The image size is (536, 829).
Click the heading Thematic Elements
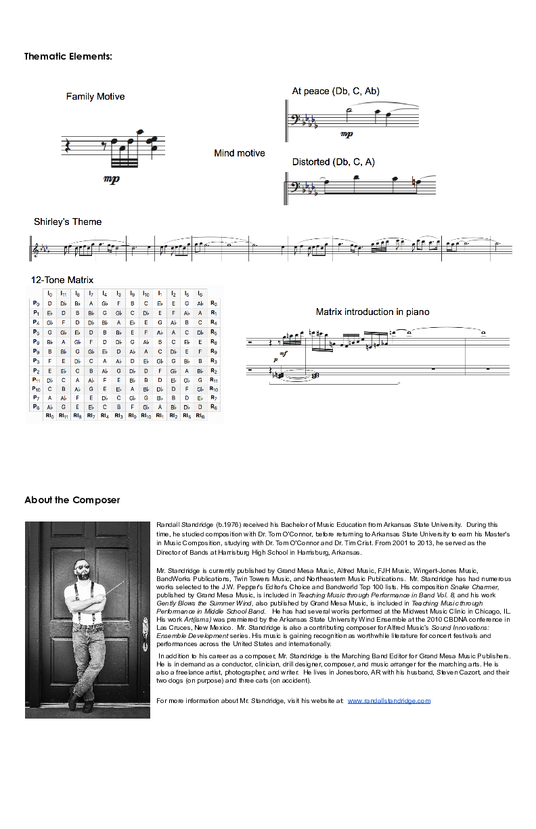click(x=68, y=56)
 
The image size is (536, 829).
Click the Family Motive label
click(x=95, y=97)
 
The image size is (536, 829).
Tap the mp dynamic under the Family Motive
click(x=112, y=179)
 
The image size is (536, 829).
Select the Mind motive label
click(x=240, y=153)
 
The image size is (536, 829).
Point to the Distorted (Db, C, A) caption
click(x=333, y=162)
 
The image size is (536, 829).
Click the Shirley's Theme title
click(x=68, y=221)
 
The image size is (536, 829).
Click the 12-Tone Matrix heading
click(x=62, y=280)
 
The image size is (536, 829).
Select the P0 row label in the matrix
click(x=35, y=303)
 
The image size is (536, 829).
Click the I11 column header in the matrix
click(x=63, y=294)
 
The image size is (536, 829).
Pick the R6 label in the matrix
click(x=214, y=407)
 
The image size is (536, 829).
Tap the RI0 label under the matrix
click(x=49, y=416)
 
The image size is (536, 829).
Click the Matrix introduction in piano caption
click(x=372, y=312)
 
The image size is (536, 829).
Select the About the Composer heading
click(x=72, y=500)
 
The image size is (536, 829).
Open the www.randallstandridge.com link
click(x=389, y=700)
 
